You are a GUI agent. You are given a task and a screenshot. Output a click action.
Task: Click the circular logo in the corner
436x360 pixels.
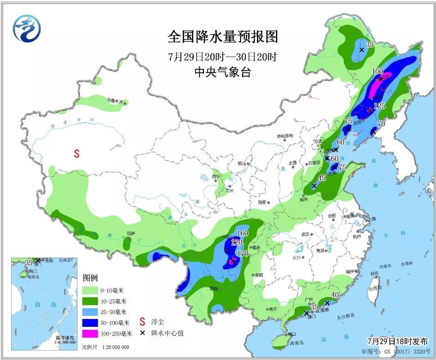26,29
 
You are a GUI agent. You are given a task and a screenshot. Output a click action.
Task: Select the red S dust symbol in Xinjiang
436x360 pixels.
78,154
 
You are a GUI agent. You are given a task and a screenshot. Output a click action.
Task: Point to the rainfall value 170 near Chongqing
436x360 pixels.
243,254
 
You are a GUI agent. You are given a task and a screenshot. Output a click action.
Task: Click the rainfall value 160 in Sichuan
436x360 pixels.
242,234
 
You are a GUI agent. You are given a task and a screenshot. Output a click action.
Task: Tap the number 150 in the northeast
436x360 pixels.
377,71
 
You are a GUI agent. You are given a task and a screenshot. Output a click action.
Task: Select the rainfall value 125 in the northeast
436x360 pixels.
379,106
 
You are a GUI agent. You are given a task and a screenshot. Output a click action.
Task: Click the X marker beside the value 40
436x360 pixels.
327,303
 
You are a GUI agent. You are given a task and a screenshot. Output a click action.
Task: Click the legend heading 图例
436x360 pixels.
90,278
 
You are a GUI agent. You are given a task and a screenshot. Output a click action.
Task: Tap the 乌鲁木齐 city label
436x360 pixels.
115,100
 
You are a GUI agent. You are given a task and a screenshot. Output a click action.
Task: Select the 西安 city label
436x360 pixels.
262,202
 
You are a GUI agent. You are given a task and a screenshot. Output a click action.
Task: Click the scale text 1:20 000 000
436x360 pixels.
112,347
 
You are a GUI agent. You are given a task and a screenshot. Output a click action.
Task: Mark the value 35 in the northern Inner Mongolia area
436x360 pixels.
369,45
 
